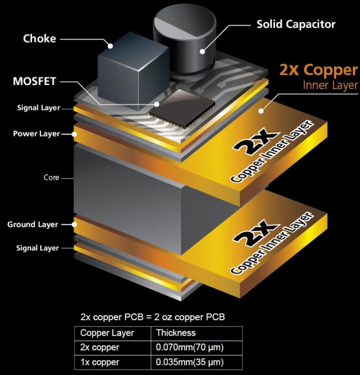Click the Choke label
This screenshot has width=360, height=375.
39,38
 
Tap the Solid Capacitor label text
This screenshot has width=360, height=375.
296,24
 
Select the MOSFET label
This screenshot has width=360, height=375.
34,81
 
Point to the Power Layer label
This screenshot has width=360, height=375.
37,134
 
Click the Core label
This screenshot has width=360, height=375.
52,178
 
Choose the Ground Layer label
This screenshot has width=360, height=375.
32,225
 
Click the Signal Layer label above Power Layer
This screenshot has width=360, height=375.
38,108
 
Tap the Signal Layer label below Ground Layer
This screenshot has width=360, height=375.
37,248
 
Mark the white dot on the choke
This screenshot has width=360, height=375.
110,46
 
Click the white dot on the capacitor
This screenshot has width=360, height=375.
202,52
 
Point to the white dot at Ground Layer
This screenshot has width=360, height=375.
74,225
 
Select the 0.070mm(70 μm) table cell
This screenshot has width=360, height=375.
190,347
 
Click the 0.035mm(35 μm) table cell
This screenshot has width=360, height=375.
190,362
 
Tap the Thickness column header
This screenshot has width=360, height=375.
176,333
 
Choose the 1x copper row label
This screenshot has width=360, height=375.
100,362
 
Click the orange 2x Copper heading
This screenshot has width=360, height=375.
318,70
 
